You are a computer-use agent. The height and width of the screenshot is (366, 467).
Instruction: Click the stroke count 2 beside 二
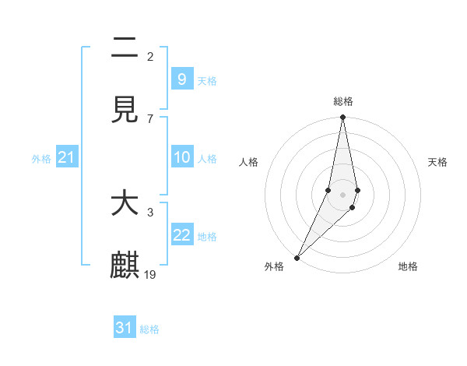coord(150,56)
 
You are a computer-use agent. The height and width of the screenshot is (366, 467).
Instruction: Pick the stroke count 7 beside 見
coord(150,118)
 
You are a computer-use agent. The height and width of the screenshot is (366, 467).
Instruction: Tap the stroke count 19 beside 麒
coord(150,274)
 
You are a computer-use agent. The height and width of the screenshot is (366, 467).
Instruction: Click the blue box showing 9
coord(181,79)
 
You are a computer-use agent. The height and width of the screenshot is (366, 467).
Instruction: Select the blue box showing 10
coord(181,157)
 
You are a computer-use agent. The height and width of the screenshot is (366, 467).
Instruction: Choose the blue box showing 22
coord(181,235)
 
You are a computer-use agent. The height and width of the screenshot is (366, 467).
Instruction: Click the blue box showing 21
coord(67,158)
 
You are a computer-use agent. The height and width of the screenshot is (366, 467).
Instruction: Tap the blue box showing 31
coord(125,328)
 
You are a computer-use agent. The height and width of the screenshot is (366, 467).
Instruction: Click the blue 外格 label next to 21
coord(41,159)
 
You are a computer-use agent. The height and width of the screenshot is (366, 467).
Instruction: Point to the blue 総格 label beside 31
coord(149,329)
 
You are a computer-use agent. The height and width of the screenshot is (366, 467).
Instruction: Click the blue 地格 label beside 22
coord(207,237)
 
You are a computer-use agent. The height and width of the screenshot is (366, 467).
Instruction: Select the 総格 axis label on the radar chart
coord(343,101)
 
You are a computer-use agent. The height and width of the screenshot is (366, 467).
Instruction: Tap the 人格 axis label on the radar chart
coord(249,162)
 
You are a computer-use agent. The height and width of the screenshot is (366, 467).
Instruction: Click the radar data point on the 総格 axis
coord(342,118)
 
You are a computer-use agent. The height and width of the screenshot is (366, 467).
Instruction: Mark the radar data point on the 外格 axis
coord(297,257)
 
